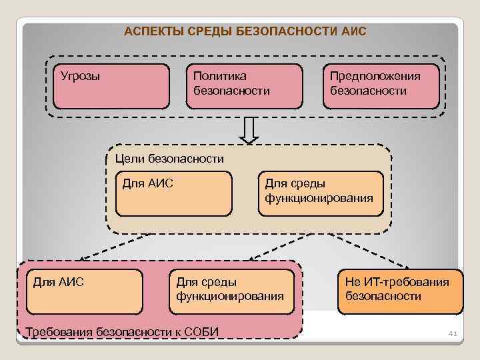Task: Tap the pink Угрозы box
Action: coord(111,86)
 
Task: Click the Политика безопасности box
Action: coord(244,86)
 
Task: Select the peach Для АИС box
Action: coord(173,194)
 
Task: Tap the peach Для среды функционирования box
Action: coord(321,194)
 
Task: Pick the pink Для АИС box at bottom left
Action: coord(84,291)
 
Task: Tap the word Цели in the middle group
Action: coord(127,159)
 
